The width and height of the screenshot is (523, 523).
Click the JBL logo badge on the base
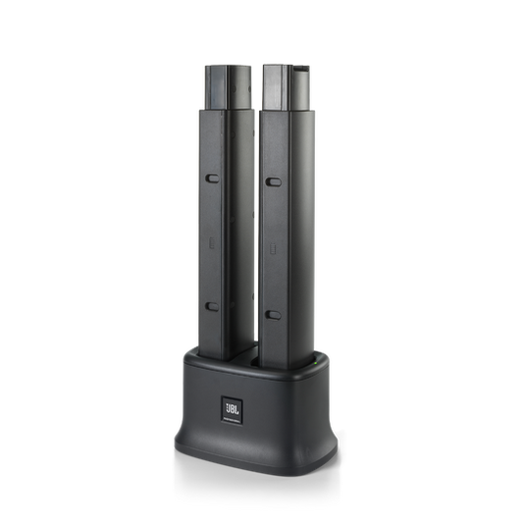tap(232, 410)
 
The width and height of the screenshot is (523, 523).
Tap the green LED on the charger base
tap(316, 362)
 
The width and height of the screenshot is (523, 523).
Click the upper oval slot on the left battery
tap(212, 179)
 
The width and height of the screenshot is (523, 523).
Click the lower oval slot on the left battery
tap(212, 306)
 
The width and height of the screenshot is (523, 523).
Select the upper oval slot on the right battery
tap(273, 182)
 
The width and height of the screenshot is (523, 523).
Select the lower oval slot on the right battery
tap(273, 315)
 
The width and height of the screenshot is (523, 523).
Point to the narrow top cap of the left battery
tap(228, 87)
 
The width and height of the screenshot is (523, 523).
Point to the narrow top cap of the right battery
tap(287, 87)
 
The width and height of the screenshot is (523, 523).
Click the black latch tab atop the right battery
tap(301, 68)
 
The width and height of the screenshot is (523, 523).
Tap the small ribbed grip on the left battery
tap(212, 242)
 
